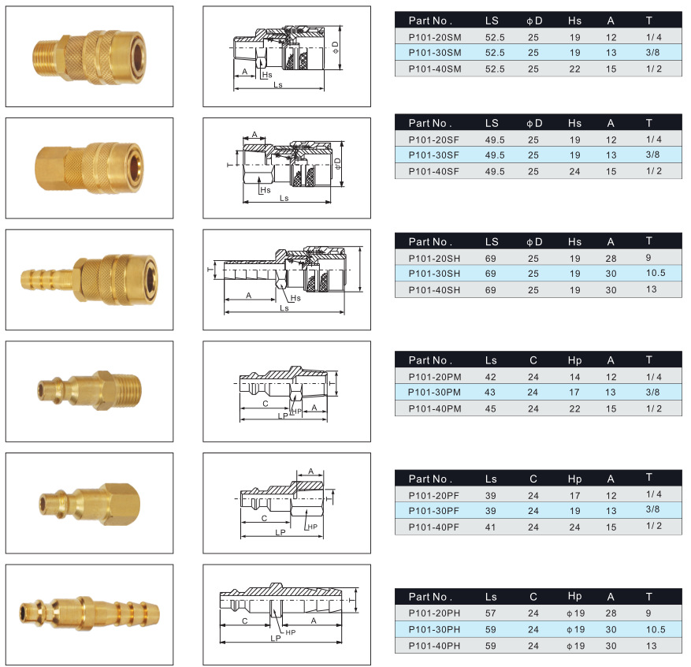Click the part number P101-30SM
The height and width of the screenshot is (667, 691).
[x=434, y=53]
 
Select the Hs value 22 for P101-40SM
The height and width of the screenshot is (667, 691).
[x=574, y=69]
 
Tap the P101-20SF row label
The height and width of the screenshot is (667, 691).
[x=433, y=140]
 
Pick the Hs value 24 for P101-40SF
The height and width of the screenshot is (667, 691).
[x=574, y=172]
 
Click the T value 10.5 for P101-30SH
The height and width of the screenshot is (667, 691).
[x=656, y=273]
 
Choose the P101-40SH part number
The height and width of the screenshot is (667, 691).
[x=434, y=290]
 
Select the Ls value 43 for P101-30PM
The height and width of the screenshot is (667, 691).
[x=490, y=393]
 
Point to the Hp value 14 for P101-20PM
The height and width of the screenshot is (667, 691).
[x=574, y=378]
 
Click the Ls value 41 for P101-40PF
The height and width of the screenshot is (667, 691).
[x=490, y=527]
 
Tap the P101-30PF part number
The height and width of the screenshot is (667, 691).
[x=433, y=511]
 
